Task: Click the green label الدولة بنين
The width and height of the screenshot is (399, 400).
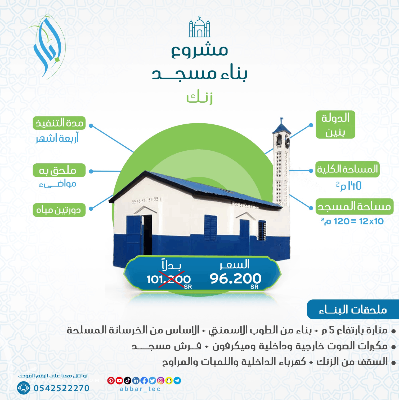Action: pos(335,124)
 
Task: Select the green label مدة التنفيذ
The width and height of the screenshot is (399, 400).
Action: pos(59,123)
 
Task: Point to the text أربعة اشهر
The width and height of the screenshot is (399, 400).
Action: pos(57,138)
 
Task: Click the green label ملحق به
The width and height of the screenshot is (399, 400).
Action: pos(59,170)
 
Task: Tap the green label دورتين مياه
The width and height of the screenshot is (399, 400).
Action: pos(59,210)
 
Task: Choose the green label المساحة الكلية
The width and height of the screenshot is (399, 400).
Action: pos(347,169)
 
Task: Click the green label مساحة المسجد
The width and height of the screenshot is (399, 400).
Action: pos(354,206)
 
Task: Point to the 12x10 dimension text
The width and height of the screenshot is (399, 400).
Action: pos(371,221)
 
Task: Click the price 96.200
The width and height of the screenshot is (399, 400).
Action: pos(235,279)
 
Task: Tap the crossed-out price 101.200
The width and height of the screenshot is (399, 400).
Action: pos(168,279)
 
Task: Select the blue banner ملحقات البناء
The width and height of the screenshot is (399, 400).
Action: pos(353,309)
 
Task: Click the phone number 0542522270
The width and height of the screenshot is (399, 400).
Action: pos(61,388)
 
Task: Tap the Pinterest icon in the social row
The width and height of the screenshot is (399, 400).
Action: pos(111,381)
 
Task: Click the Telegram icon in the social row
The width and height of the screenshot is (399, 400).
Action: pos(177,381)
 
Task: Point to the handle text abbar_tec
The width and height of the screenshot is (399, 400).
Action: pos(140,389)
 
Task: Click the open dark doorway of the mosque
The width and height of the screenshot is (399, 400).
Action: pos(147,234)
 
